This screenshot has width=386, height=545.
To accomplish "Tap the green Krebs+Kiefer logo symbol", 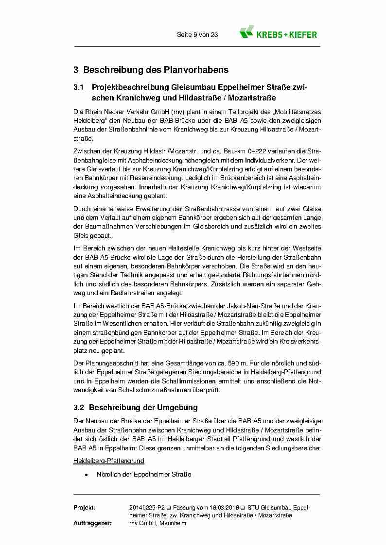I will point(247,32).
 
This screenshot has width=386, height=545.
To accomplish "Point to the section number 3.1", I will point(79,88).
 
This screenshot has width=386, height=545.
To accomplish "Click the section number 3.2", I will point(79,407).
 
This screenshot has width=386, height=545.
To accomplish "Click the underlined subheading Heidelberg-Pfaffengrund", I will point(109,461).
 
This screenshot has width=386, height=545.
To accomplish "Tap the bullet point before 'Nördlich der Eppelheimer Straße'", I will point(86,474).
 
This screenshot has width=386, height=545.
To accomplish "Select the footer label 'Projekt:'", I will point(84,507).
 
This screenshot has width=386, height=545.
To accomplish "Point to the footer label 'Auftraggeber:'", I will point(92,523).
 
